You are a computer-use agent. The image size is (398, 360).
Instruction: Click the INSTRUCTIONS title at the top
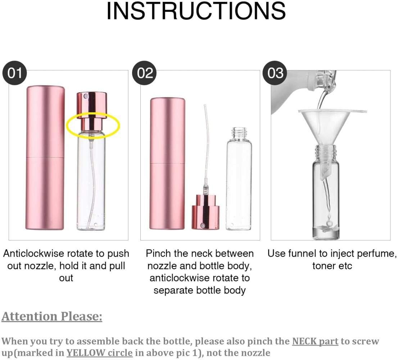click(x=196, y=11)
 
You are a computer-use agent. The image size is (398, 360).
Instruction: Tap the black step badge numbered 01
click(x=15, y=73)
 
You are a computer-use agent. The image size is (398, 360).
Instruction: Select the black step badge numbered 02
click(x=145, y=73)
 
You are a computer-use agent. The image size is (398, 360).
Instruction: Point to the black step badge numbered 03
click(x=276, y=73)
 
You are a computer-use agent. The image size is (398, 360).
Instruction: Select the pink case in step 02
click(x=167, y=164)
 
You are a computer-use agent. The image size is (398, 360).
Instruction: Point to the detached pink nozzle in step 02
click(x=205, y=212)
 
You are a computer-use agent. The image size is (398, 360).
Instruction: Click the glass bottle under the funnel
click(x=326, y=202)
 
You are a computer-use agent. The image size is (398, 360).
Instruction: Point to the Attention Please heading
click(x=52, y=316)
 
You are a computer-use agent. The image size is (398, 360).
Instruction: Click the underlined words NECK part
click(x=315, y=341)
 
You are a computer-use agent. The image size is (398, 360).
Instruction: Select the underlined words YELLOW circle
click(x=99, y=352)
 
